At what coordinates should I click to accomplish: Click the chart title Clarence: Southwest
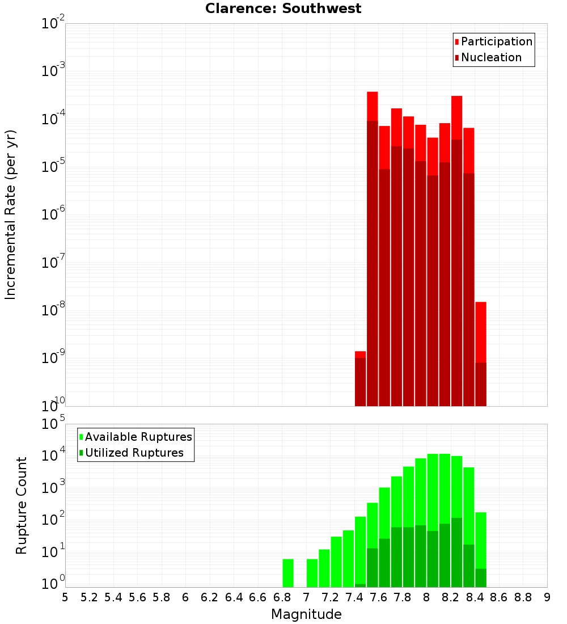(283, 9)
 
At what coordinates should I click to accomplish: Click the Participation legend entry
(496, 41)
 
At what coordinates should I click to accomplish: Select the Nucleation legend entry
(490, 57)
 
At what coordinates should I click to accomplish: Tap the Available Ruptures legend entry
(138, 437)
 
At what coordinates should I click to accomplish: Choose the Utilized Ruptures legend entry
(134, 453)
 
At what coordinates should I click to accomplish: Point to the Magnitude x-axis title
(306, 614)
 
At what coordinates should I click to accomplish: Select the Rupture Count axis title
(22, 505)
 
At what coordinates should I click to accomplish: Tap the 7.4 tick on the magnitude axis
(354, 597)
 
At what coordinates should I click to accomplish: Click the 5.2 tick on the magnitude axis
(89, 597)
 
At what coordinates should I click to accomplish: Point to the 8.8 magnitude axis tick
(523, 597)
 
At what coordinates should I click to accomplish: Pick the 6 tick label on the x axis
(185, 597)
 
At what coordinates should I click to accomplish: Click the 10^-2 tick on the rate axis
(53, 24)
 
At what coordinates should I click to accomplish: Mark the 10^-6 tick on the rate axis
(53, 214)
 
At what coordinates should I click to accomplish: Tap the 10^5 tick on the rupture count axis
(53, 424)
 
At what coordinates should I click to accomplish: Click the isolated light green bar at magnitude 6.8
(288, 573)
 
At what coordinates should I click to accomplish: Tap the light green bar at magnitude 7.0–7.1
(312, 573)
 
